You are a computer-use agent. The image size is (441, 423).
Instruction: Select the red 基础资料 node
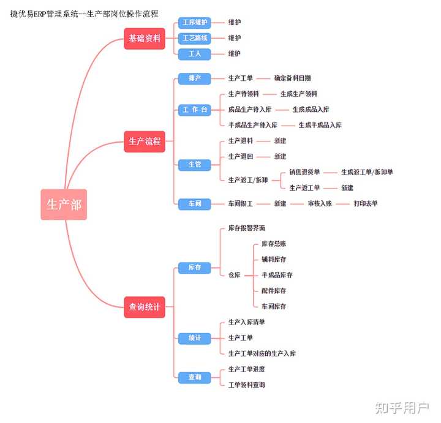(145, 38)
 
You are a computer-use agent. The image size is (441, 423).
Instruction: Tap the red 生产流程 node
(145, 141)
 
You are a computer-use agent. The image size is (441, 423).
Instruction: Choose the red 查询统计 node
(145, 307)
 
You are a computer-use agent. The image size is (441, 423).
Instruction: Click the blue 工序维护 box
(195, 22)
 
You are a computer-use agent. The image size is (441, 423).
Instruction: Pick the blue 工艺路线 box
(195, 38)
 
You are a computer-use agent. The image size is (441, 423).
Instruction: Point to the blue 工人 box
(195, 54)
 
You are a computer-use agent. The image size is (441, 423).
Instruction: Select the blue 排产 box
(195, 78)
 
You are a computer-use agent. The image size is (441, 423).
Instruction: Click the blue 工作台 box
(195, 110)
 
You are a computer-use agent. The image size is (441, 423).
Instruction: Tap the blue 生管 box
(195, 164)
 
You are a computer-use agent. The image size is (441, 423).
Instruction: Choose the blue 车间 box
(195, 203)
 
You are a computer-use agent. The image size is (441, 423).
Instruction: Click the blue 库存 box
(195, 268)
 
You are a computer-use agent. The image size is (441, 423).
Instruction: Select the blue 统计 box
(195, 338)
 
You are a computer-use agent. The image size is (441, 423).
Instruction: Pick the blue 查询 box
(195, 377)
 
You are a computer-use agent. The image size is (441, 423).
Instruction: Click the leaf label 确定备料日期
(292, 78)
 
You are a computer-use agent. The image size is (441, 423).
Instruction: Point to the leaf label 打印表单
(366, 203)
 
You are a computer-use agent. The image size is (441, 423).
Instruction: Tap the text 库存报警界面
(246, 228)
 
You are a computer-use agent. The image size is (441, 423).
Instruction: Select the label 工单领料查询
(247, 385)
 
